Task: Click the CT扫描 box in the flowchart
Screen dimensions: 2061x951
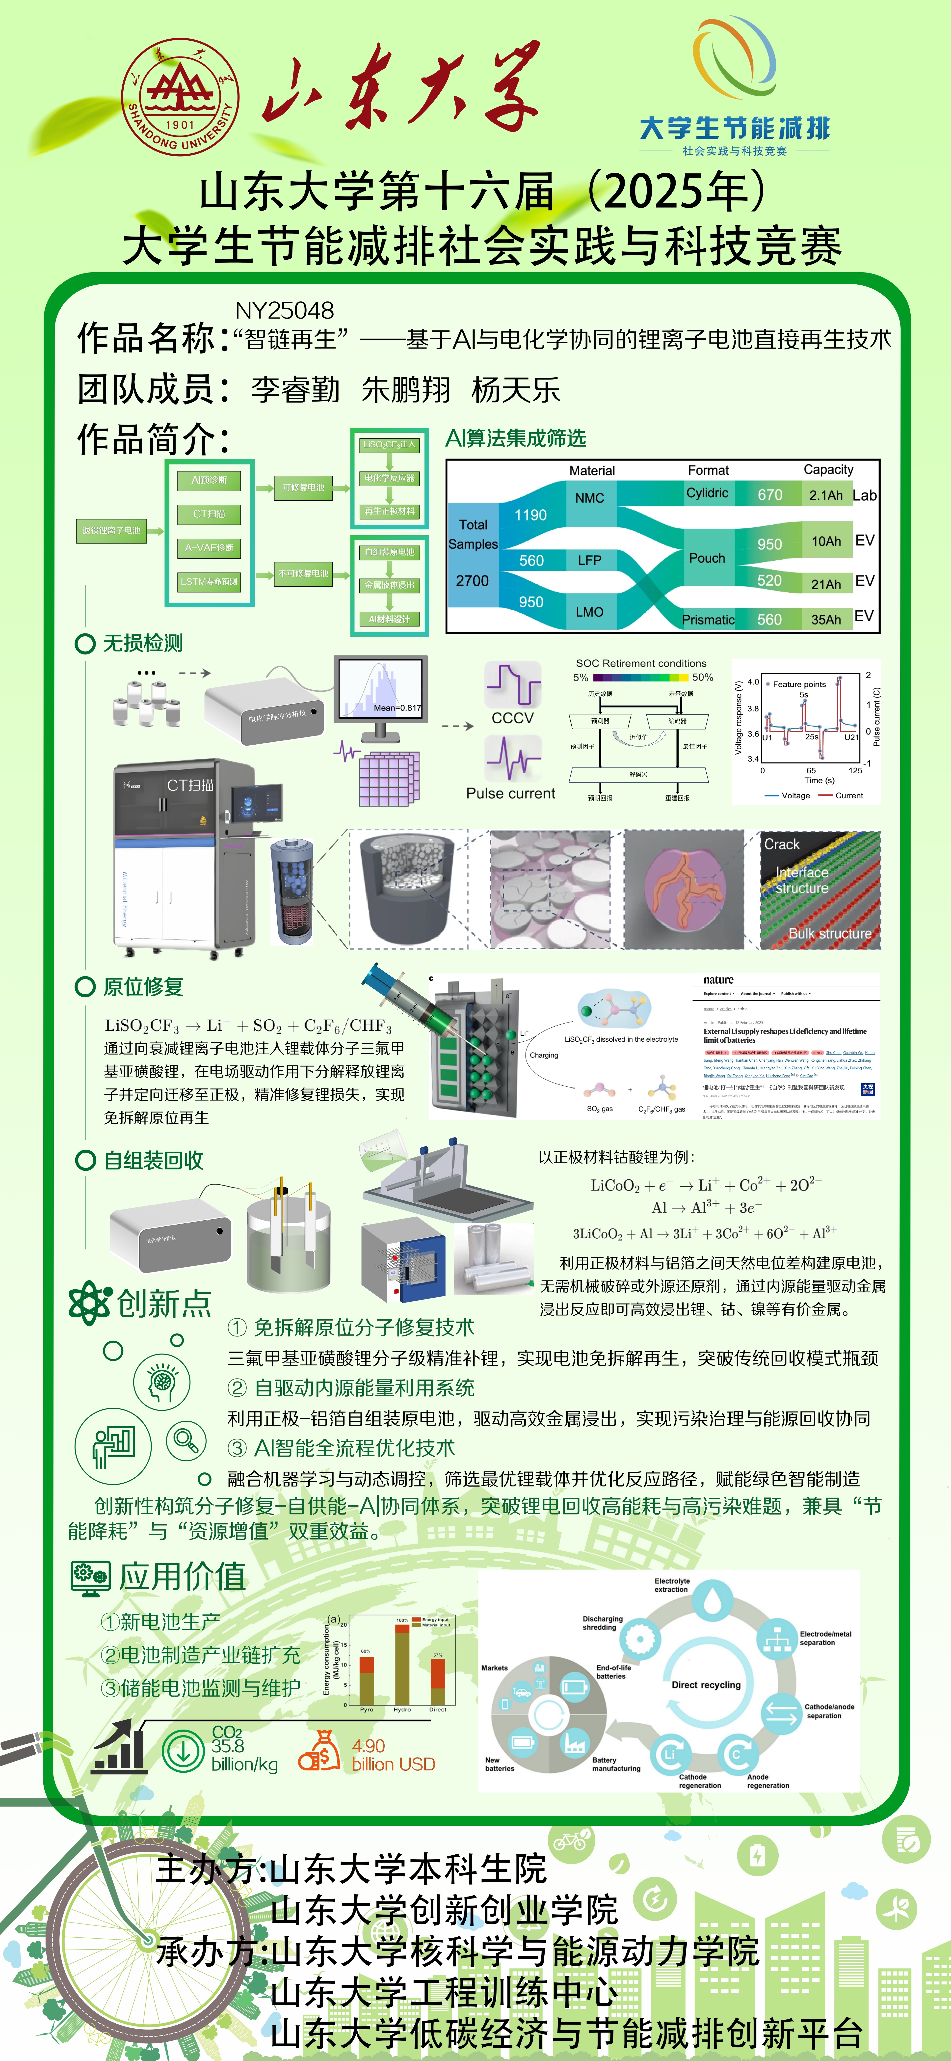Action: [209, 514]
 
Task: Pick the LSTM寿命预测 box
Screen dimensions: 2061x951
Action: [209, 582]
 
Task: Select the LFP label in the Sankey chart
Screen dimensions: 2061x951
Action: [589, 560]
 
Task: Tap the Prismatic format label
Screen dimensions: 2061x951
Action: [708, 619]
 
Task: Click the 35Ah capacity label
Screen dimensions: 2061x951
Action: [825, 619]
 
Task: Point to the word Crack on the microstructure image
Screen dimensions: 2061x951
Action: [781, 844]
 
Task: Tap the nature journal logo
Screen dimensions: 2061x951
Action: [718, 980]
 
